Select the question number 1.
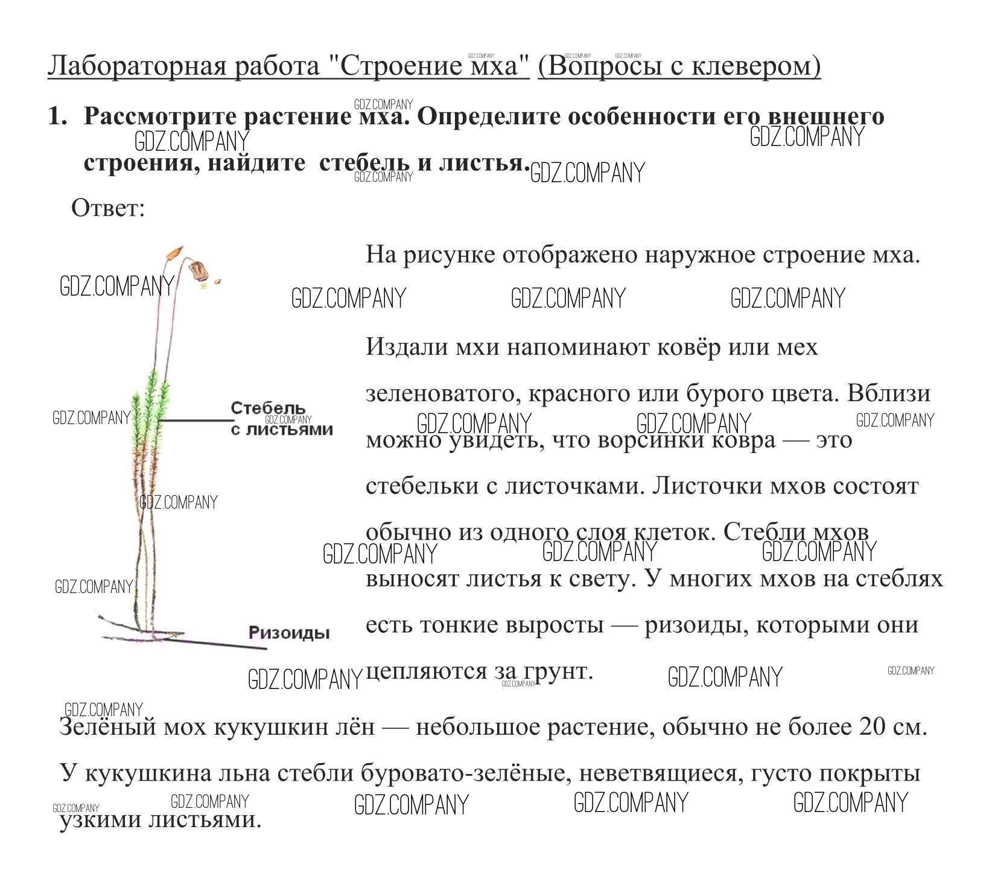tap(56, 116)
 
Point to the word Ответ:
tap(108, 209)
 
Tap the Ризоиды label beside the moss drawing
tap(289, 632)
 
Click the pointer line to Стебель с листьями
tap(196, 420)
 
